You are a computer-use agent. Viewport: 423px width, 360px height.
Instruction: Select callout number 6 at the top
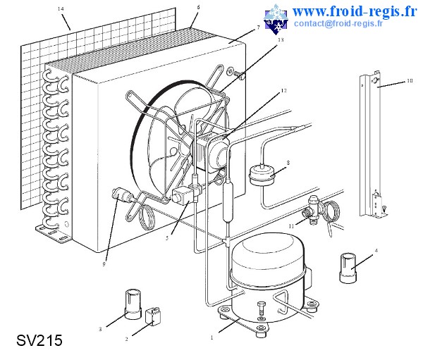coord(198,7)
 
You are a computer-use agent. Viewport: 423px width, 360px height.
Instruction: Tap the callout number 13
coord(281,40)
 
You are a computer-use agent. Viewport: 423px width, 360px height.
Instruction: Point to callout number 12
coord(283,91)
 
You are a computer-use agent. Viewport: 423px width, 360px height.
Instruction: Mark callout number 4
coord(376,250)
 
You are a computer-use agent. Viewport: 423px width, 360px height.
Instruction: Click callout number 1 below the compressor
coord(212,337)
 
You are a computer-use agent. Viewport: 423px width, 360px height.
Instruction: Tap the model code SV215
coord(39,341)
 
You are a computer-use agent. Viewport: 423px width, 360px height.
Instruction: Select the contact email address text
coord(338,23)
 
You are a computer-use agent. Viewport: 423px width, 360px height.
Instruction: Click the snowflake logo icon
coord(277,18)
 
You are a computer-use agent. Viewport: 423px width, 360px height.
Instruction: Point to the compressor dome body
coord(268,261)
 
